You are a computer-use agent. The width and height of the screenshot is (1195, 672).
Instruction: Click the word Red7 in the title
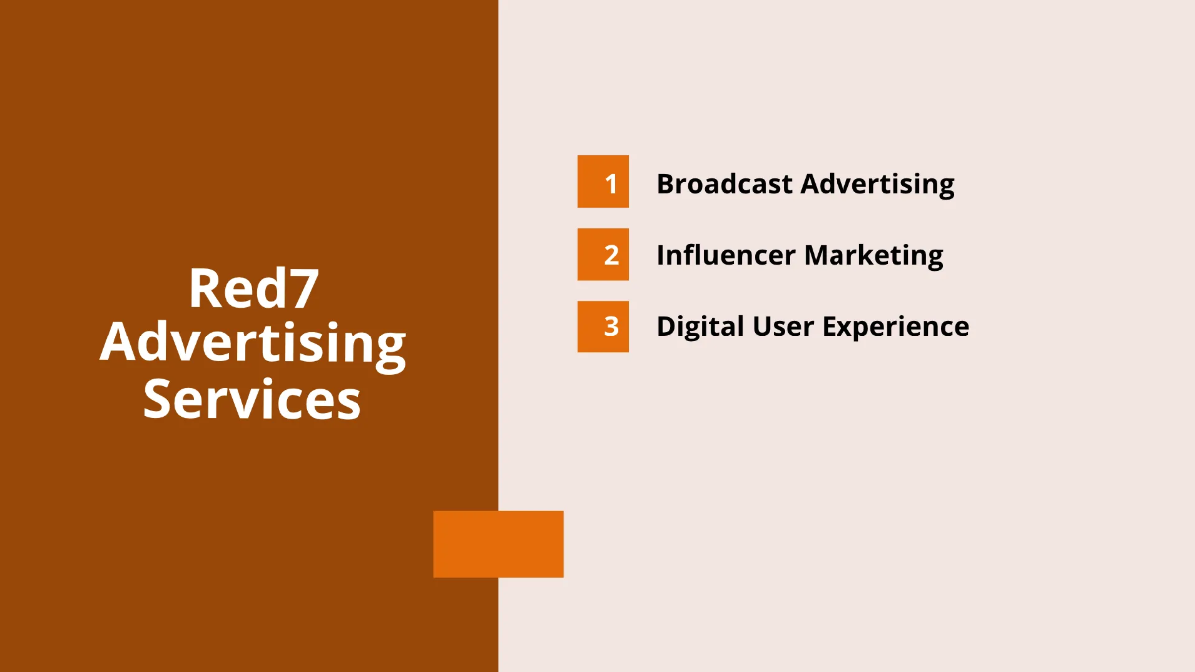pos(253,289)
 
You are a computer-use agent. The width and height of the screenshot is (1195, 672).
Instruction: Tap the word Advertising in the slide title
pos(253,343)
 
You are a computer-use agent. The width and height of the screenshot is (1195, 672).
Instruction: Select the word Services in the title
pos(253,399)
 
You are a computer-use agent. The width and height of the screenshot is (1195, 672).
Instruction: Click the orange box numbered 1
pos(602,182)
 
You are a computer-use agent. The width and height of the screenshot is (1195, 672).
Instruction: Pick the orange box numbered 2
pos(602,254)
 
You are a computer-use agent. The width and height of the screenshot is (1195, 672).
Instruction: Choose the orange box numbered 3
pos(602,326)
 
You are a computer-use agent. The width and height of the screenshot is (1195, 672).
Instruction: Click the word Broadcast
pos(724,184)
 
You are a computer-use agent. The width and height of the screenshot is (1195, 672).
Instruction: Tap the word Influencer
pos(725,255)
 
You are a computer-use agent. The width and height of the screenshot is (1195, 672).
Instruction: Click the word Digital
pos(694,327)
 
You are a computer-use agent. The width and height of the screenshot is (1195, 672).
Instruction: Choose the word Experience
pos(893,327)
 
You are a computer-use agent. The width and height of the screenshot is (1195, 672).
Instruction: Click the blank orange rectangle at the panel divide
pos(498,544)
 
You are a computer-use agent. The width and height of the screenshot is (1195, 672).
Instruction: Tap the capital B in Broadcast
pos(666,184)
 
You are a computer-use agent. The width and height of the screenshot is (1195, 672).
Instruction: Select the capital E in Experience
pos(827,326)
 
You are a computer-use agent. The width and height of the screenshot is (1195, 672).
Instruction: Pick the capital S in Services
pos(159,399)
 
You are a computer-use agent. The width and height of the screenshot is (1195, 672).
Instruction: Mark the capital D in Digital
pos(666,326)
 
